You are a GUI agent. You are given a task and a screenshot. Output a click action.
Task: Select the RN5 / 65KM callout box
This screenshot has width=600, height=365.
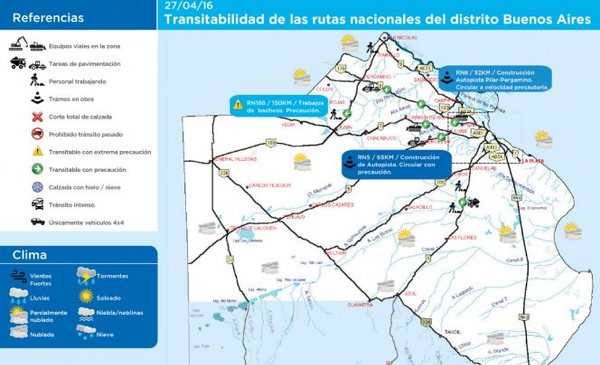tap(392, 164)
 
